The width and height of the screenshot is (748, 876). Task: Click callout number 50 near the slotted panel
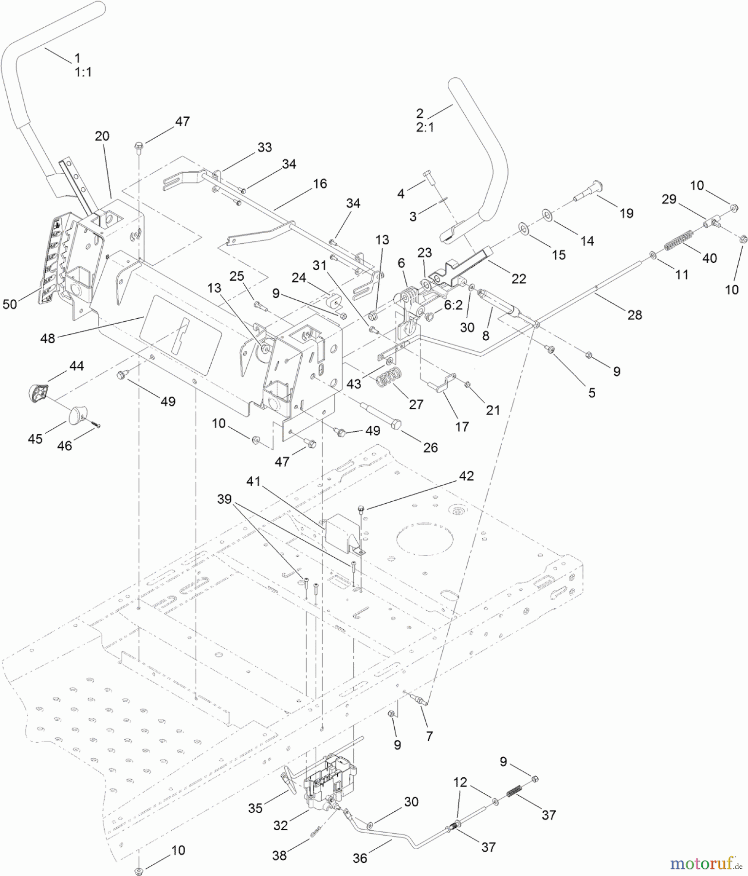point(10,304)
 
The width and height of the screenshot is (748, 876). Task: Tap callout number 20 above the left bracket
point(102,136)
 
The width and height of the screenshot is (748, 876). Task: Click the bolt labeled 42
point(361,510)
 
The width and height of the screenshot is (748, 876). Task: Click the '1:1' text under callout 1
point(83,72)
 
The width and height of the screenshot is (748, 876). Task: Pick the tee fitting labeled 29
point(711,222)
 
